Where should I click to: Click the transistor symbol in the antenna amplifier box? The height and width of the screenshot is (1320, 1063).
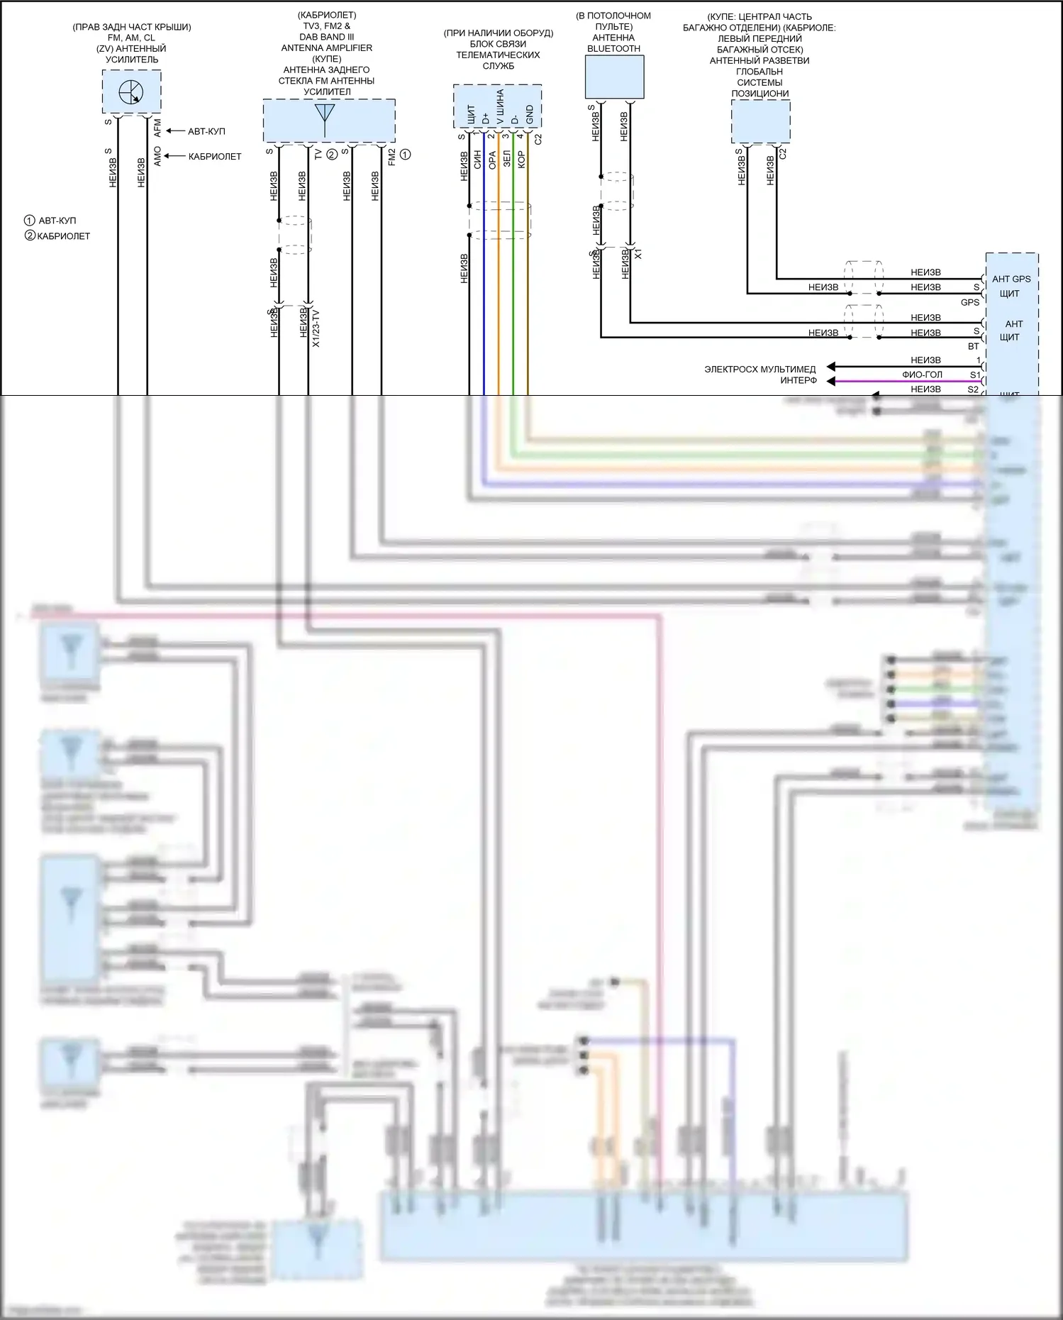tap(131, 92)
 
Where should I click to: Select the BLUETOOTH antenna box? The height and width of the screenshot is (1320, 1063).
tap(614, 77)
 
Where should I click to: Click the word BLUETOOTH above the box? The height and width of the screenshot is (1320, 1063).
tap(613, 49)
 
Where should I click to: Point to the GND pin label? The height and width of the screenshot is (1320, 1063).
tap(530, 114)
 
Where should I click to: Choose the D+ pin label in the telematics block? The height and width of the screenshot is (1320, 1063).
tap(486, 118)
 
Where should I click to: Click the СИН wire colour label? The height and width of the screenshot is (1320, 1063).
tap(478, 159)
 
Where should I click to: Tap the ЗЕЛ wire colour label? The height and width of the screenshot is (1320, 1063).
tap(507, 158)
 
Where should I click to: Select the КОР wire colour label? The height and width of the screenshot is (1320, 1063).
tap(522, 159)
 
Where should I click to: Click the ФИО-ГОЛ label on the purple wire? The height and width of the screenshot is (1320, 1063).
tap(922, 375)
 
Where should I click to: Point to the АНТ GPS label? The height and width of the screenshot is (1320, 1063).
tap(1011, 279)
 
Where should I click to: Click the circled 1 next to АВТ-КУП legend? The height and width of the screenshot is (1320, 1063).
tap(30, 221)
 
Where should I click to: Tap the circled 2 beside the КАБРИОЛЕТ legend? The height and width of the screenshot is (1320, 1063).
tap(30, 235)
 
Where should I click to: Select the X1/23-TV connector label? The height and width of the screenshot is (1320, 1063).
tap(316, 328)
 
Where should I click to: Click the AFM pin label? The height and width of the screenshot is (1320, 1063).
tap(157, 128)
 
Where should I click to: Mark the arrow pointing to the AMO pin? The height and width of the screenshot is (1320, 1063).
tap(174, 156)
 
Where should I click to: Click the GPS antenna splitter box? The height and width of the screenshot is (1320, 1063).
tap(760, 121)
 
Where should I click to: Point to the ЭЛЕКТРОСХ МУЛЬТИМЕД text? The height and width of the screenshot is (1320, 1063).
tap(759, 369)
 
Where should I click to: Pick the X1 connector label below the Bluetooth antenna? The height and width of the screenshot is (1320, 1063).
tap(638, 253)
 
